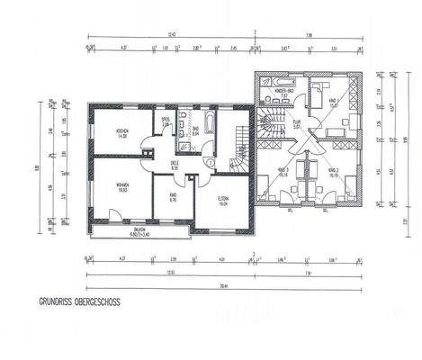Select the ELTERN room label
pyautogui.click(x=224, y=200)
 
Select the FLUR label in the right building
pyautogui.click(x=296, y=124)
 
